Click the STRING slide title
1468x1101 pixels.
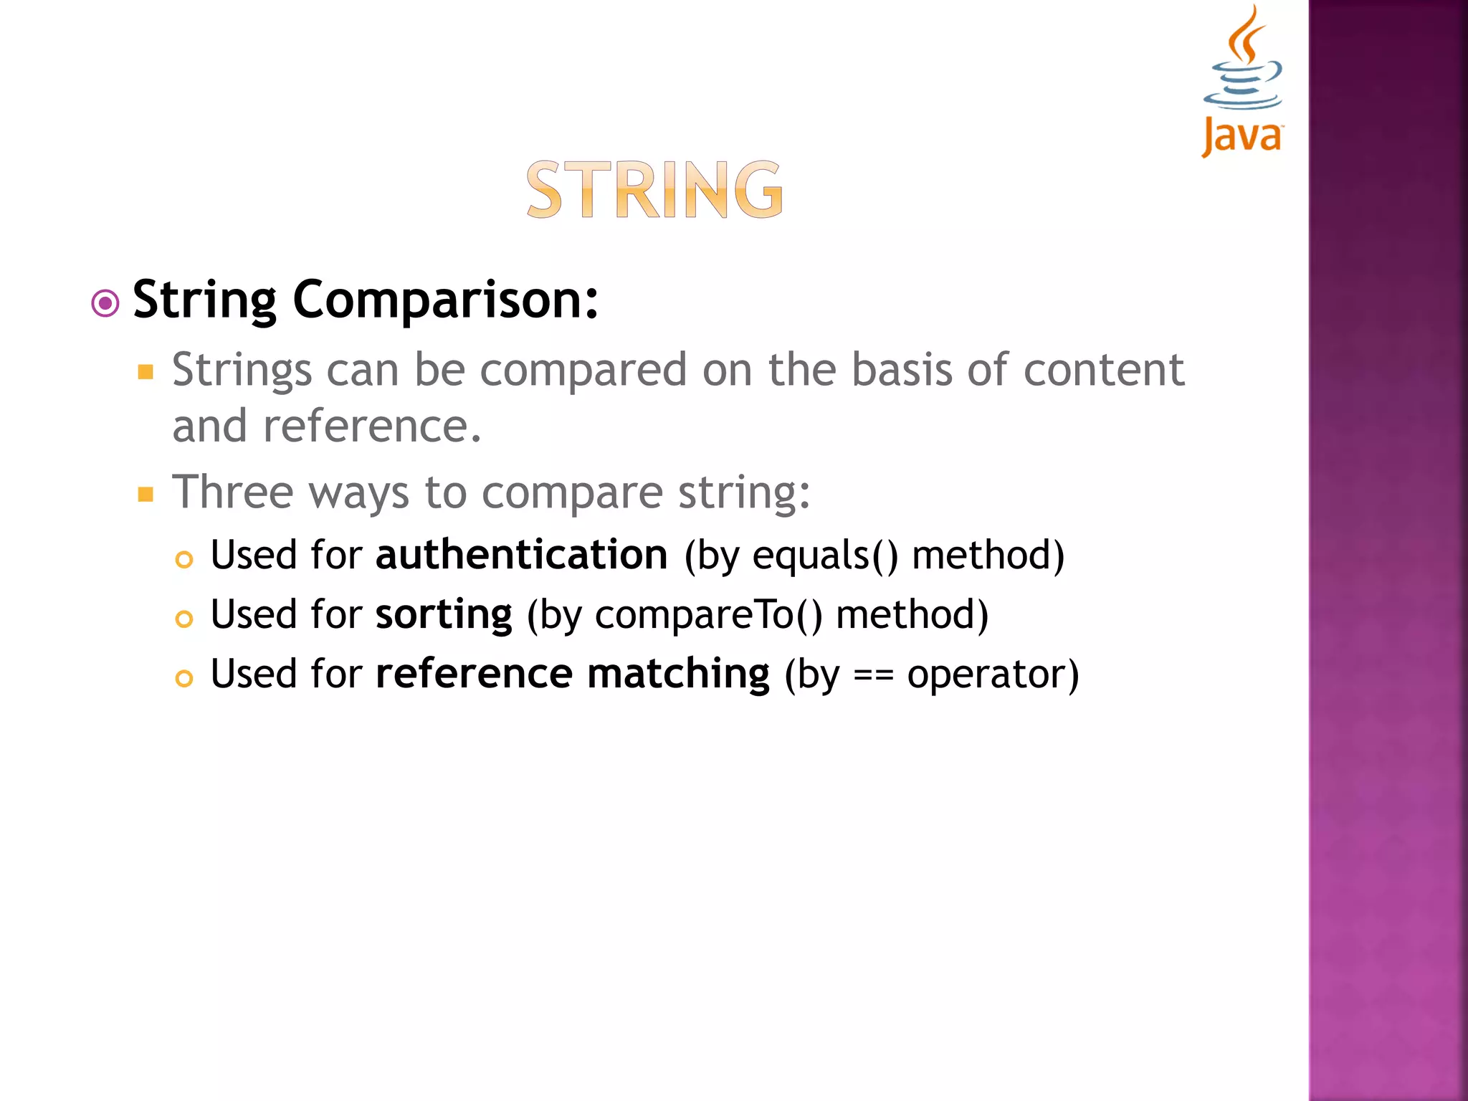(654, 189)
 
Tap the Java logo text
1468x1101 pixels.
(1242, 135)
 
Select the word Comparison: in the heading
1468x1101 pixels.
(445, 300)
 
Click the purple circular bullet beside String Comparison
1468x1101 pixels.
(105, 303)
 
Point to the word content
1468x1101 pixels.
(1104, 370)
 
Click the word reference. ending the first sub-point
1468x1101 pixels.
(372, 426)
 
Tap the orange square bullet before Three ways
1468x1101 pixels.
(146, 495)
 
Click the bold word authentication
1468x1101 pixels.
(522, 555)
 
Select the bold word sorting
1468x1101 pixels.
(444, 615)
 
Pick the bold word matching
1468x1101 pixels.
(678, 675)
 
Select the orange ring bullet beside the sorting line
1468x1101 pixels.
(184, 619)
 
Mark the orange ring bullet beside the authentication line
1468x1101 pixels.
(184, 559)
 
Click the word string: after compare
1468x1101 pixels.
(744, 493)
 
